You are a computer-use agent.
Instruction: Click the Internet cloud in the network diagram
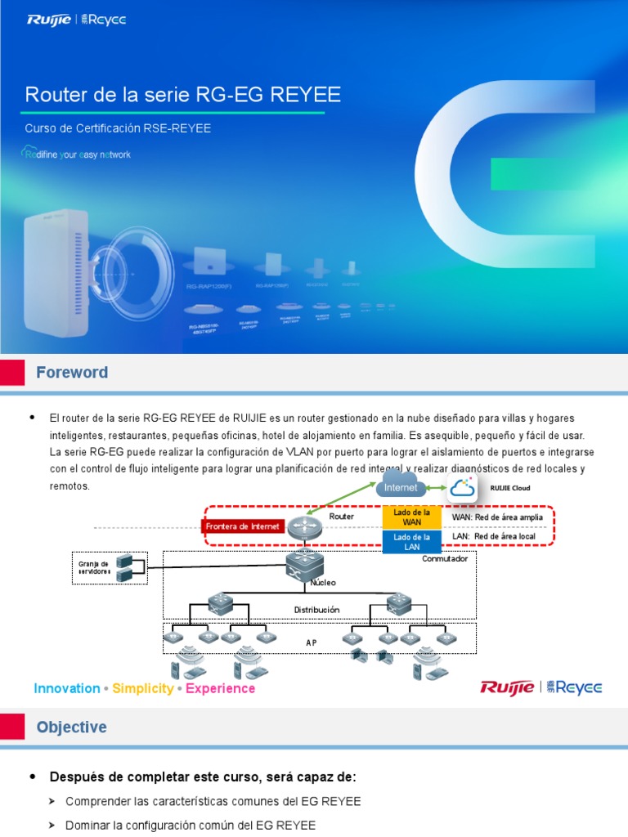pos(401,486)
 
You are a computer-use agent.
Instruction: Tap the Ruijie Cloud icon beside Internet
pos(462,488)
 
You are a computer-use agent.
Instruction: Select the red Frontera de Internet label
pos(244,526)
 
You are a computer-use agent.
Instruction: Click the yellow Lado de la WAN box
pos(412,517)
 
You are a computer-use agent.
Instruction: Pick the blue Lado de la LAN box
pos(412,541)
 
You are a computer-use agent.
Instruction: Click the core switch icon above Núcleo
pos(304,564)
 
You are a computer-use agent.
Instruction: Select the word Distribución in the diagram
pos(316,610)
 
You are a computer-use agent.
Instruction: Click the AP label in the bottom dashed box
pos(312,642)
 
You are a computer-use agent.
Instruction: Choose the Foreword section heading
pos(72,373)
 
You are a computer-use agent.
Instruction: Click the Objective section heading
pos(71,727)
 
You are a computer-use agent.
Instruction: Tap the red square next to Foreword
pos(11,373)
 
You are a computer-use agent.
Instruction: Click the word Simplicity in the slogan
pos(142,688)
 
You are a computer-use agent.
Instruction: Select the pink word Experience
pos(220,688)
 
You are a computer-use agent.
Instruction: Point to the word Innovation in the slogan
pos(67,688)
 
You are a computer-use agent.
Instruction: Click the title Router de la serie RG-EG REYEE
pos(182,96)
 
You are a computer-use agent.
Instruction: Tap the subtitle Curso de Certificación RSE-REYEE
pos(118,128)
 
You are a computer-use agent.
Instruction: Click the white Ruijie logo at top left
pos(48,20)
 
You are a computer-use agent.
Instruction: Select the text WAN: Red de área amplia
pos(497,517)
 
